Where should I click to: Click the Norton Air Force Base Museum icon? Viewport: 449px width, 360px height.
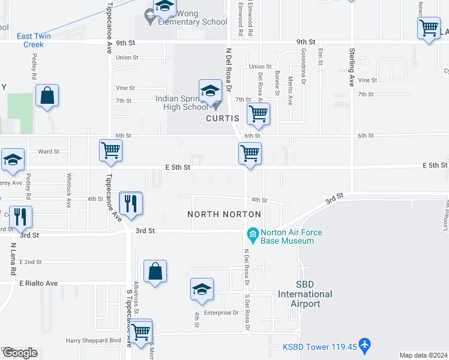tap(253, 233)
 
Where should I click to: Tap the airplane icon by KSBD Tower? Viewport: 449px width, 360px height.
tap(366, 346)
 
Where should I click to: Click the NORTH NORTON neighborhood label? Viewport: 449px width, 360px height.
tap(224, 214)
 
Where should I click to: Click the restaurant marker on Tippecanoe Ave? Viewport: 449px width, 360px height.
tap(131, 203)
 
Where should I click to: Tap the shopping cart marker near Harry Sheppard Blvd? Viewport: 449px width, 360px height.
tap(141, 331)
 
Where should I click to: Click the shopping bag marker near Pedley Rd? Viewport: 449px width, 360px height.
tap(47, 96)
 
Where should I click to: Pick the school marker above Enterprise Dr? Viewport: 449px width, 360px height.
tap(202, 290)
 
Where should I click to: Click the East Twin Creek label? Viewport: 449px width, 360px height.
tap(34, 40)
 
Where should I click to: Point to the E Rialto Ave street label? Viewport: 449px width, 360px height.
tap(38, 283)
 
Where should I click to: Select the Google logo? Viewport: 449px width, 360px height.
tap(20, 353)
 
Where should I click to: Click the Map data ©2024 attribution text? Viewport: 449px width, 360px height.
tap(423, 355)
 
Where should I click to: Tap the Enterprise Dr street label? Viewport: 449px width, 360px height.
tap(221, 313)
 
